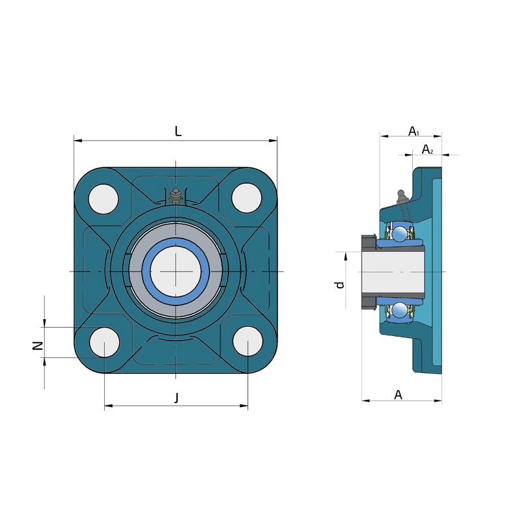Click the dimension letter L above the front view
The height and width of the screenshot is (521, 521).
[x=178, y=132]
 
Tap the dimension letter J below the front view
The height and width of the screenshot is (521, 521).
[x=176, y=397]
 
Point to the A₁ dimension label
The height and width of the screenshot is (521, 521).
[x=414, y=132]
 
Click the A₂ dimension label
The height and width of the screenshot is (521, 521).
[x=427, y=150]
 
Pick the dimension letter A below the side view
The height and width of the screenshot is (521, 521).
[x=398, y=395]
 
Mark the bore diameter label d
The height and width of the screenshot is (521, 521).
[x=339, y=285]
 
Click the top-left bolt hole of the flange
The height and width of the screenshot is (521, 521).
[x=104, y=199]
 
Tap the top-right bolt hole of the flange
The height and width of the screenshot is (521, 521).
[x=247, y=198]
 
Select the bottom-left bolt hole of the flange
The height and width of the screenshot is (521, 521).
[x=105, y=343]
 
